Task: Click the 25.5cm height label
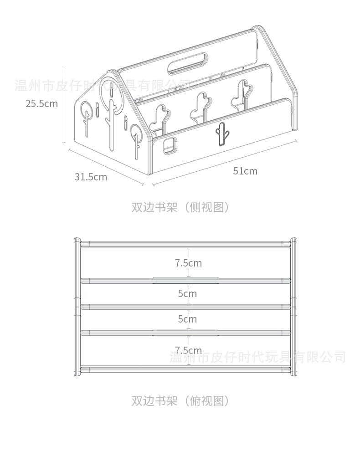coord(41,103)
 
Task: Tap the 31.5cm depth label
coord(91,177)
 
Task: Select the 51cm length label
coord(245,171)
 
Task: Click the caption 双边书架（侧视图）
coord(180,207)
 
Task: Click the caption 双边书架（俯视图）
coord(180,401)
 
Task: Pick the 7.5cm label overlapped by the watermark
coord(188,350)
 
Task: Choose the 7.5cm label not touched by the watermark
coord(188,263)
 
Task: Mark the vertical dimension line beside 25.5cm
coord(64,106)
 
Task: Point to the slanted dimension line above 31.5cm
coord(106,167)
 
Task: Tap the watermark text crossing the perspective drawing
coord(103,85)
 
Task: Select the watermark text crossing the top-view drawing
coord(257,357)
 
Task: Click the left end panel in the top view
coord(77,306)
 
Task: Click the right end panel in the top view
coord(293,306)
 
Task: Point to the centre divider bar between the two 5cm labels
coord(185,306)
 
